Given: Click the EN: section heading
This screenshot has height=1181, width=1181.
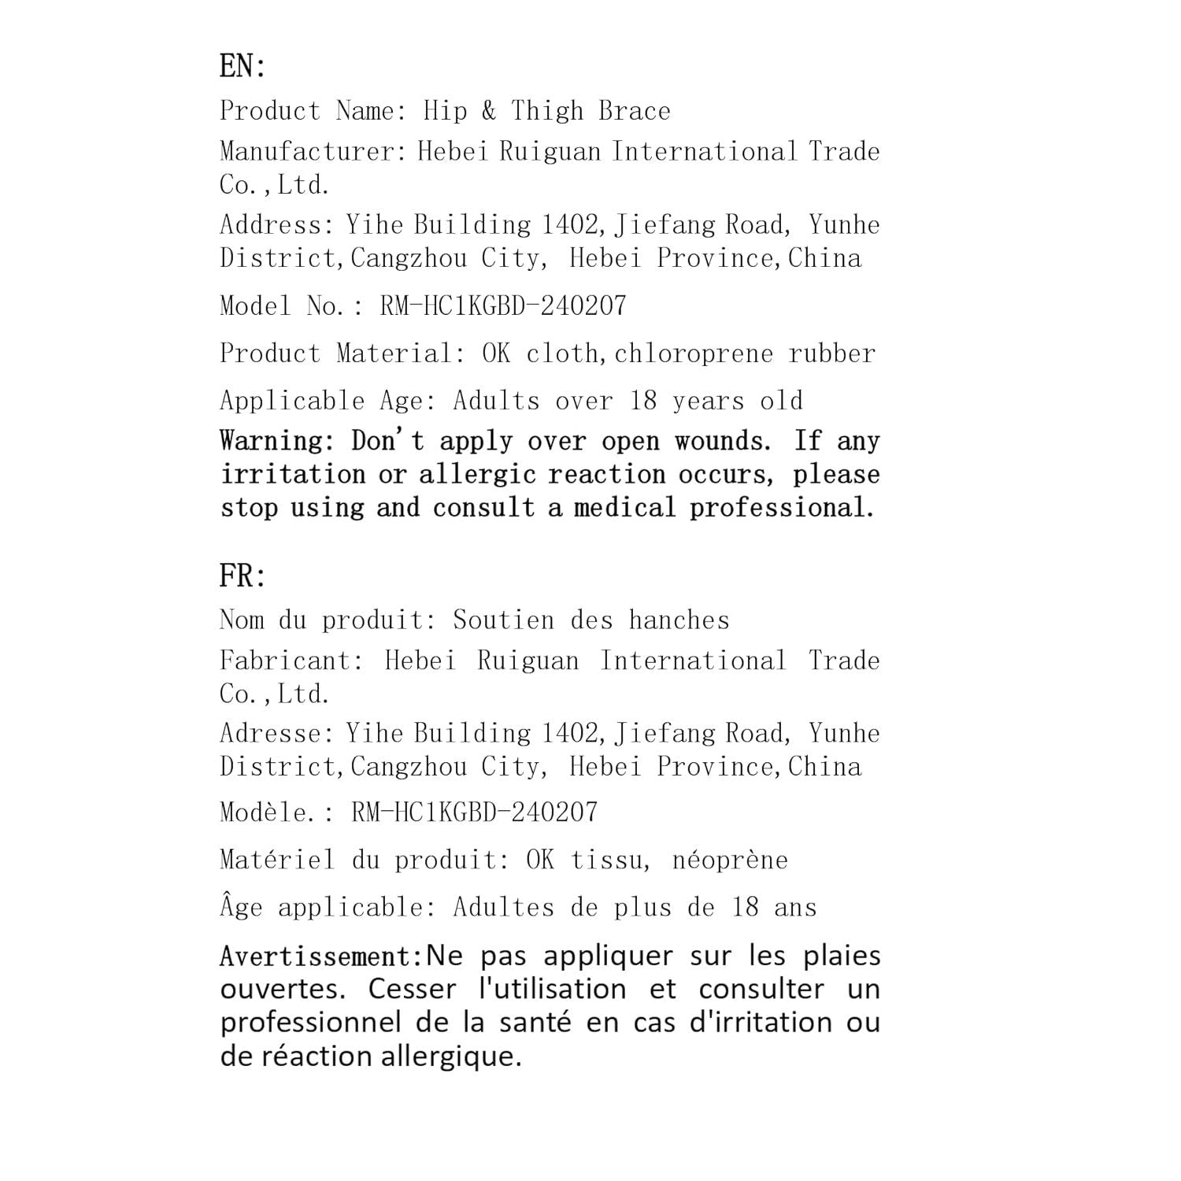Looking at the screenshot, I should [x=242, y=66].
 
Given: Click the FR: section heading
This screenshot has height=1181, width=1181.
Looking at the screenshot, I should [x=242, y=576].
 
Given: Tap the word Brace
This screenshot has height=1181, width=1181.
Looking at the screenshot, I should [x=634, y=111].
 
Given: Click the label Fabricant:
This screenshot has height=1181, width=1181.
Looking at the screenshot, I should [x=291, y=661].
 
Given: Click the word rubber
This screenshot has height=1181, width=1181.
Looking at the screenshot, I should [x=832, y=354].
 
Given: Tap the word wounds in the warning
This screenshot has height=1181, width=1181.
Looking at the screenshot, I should [x=722, y=441].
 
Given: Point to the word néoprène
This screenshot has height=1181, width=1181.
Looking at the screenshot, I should [x=730, y=860].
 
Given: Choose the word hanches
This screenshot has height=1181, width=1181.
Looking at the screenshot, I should [x=679, y=620].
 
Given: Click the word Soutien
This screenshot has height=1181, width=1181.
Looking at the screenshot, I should [x=503, y=620].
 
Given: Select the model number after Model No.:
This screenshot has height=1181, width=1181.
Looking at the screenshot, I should [x=503, y=305].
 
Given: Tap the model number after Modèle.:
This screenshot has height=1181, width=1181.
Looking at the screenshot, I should [x=474, y=813].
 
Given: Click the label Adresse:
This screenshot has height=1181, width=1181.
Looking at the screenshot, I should [x=276, y=734].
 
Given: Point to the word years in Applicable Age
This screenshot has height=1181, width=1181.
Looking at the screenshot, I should [x=708, y=401].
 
